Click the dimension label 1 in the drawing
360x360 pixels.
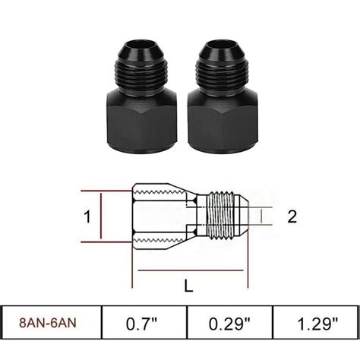pos(87,216)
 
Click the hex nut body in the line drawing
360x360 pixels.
pos(159,216)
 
